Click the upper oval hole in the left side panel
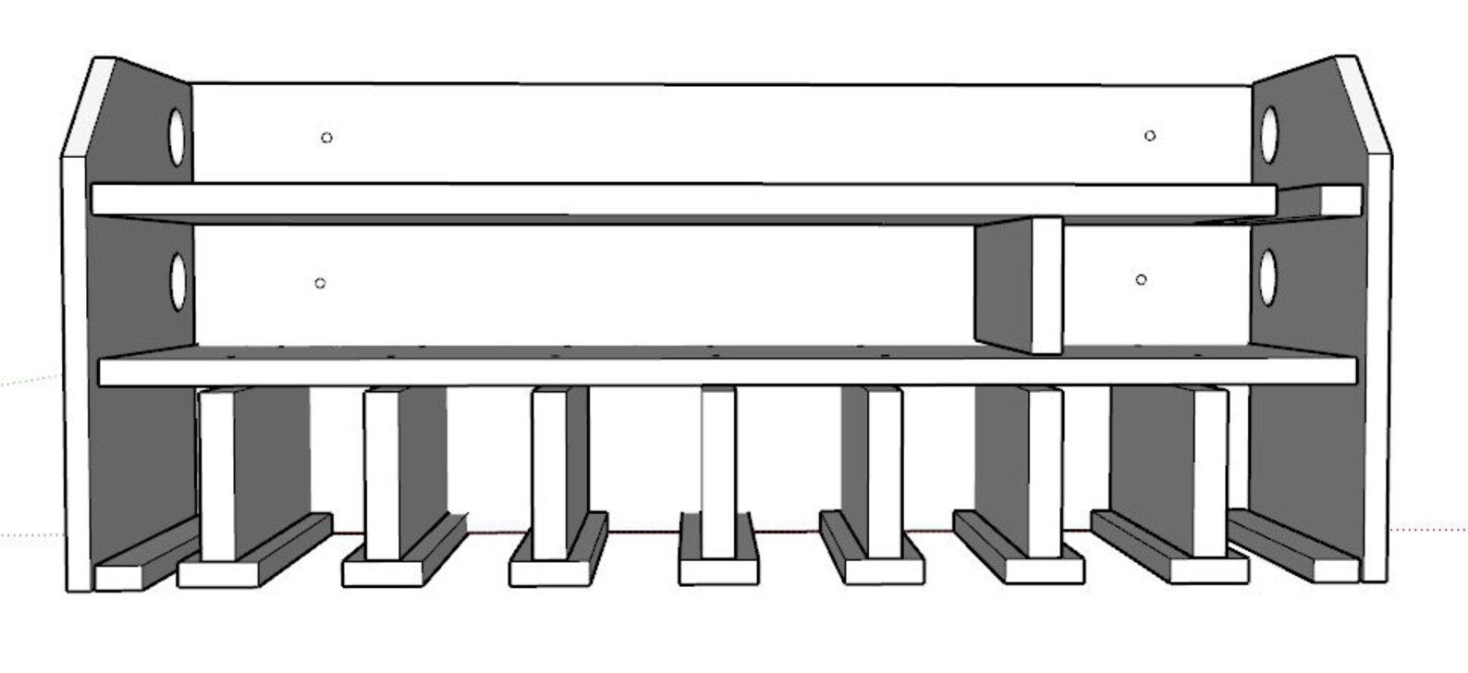pyautogui.click(x=176, y=138)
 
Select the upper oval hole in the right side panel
pyautogui.click(x=1270, y=135)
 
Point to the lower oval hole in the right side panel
pyautogui.click(x=1267, y=276)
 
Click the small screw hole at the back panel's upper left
pyautogui.click(x=326, y=138)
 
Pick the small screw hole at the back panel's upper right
pyautogui.click(x=1150, y=136)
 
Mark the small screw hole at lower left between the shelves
pyautogui.click(x=320, y=283)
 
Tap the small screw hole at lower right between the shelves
pyautogui.click(x=1142, y=279)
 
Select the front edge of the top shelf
pyautogui.click(x=684, y=200)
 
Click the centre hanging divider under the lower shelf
pyautogui.click(x=718, y=471)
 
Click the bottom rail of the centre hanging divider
pyautogui.click(x=718, y=570)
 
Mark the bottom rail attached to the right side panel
pyautogui.click(x=1334, y=570)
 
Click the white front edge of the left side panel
pyautogui.click(x=76, y=370)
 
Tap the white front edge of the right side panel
pyautogui.click(x=1376, y=370)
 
